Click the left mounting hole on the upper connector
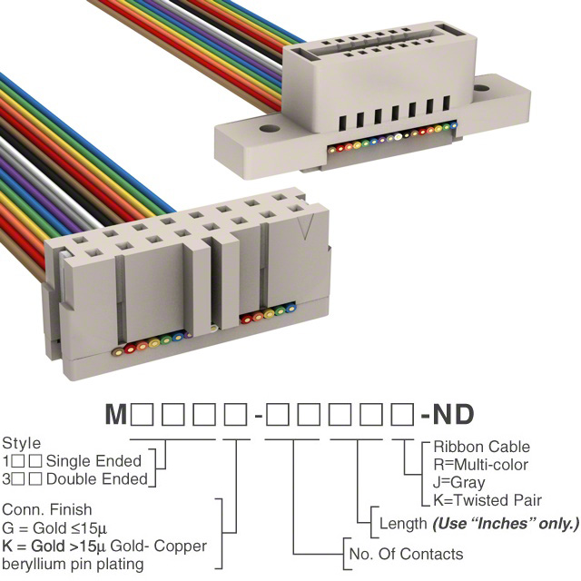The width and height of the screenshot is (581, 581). point(268,128)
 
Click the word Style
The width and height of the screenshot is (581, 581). point(21,444)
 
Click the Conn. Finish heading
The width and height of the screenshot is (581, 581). point(46,510)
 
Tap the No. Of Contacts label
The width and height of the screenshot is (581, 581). point(406,554)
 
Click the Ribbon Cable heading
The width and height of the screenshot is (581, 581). point(481,447)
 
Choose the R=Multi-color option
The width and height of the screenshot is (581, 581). point(480,465)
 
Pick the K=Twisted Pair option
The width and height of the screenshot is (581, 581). point(487,500)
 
